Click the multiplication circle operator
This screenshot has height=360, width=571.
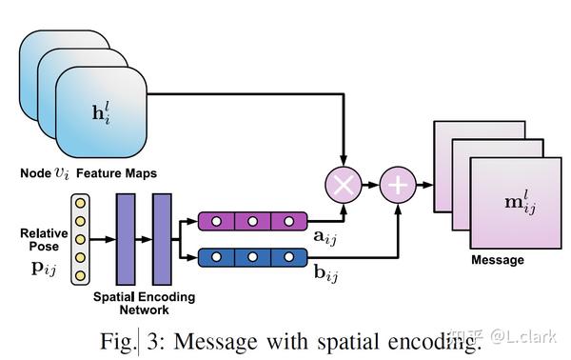343,184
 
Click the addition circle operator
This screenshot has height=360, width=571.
397,184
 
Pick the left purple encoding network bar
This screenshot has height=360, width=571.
126,239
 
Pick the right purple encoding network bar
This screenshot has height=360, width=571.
161,239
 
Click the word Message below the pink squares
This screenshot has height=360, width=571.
498,260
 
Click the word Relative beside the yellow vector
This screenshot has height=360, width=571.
43,233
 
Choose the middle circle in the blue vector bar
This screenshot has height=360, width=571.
252,256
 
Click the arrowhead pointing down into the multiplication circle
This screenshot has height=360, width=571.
343,160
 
